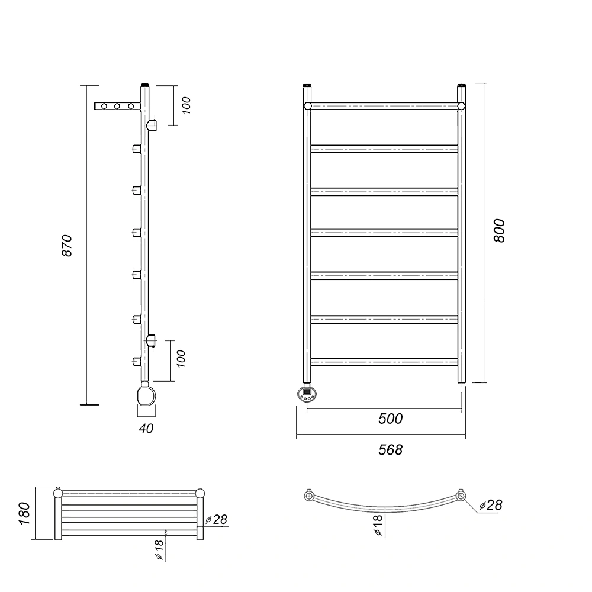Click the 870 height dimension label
click(x=67, y=246)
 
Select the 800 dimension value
click(x=498, y=231)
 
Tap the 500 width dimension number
click(x=390, y=419)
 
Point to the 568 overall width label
click(x=390, y=450)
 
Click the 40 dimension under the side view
click(x=146, y=429)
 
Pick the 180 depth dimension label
click(x=24, y=513)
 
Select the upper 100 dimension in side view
click(x=186, y=105)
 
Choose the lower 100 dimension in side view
click(x=181, y=359)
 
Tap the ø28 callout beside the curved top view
click(x=491, y=505)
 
